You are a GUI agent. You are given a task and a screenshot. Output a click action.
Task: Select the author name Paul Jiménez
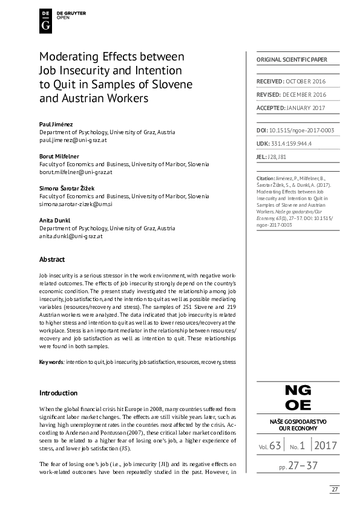(x=56, y=124)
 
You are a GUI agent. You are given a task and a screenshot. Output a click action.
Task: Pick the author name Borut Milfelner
(x=60, y=156)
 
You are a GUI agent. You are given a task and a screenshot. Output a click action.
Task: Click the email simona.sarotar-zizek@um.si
(x=76, y=204)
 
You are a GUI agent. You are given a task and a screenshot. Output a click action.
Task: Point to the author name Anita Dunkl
(x=54, y=221)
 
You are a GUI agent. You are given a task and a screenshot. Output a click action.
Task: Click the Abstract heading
(x=52, y=259)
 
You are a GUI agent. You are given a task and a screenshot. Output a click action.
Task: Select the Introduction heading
(x=58, y=392)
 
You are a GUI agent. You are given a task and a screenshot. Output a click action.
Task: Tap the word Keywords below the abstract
(x=51, y=361)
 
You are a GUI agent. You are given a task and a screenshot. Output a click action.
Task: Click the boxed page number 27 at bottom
(x=335, y=489)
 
